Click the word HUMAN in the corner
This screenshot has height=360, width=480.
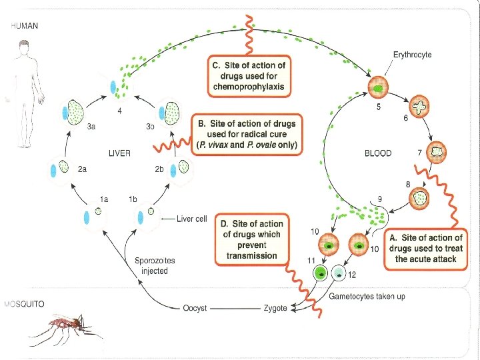(x=24, y=26)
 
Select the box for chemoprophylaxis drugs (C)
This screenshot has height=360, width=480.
(x=249, y=75)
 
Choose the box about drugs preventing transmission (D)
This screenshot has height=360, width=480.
(x=251, y=239)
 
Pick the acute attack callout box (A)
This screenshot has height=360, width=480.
(x=425, y=248)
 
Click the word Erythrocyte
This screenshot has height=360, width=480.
(x=411, y=55)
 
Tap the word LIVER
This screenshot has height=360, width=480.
(x=119, y=153)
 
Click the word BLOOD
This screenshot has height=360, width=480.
(x=378, y=153)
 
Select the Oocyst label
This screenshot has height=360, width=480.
(x=195, y=308)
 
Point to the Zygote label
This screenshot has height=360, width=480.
(x=275, y=308)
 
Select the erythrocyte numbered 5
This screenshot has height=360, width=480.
(x=379, y=87)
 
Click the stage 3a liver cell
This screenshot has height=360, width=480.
(x=74, y=111)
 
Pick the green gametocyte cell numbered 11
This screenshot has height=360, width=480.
(x=321, y=273)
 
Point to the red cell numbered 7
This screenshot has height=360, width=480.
(x=438, y=151)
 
